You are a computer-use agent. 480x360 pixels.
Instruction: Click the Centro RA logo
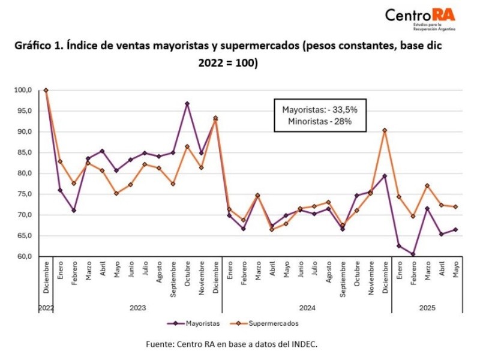[x=419, y=17]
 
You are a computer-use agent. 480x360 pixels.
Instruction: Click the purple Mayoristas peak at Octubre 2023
[x=187, y=104]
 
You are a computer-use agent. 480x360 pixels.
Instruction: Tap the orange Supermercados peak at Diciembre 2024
[x=385, y=130]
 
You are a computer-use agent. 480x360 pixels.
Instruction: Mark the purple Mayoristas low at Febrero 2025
[x=413, y=254]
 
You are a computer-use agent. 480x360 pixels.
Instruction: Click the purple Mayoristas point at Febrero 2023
[x=74, y=210]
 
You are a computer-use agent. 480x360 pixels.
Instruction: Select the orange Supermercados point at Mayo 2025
[x=456, y=207]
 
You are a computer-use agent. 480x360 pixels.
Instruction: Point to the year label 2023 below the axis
[x=138, y=307]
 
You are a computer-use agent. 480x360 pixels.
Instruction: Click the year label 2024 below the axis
[x=307, y=307]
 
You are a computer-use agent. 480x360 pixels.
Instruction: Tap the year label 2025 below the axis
[x=427, y=307]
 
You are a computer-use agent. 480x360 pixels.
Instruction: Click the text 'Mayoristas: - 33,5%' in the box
[x=316, y=110]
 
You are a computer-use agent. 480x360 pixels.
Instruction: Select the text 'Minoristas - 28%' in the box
[x=316, y=121]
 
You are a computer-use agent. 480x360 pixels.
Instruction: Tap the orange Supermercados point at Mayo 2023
[x=116, y=193]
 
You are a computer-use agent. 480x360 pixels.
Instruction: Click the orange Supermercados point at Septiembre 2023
[x=173, y=184]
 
